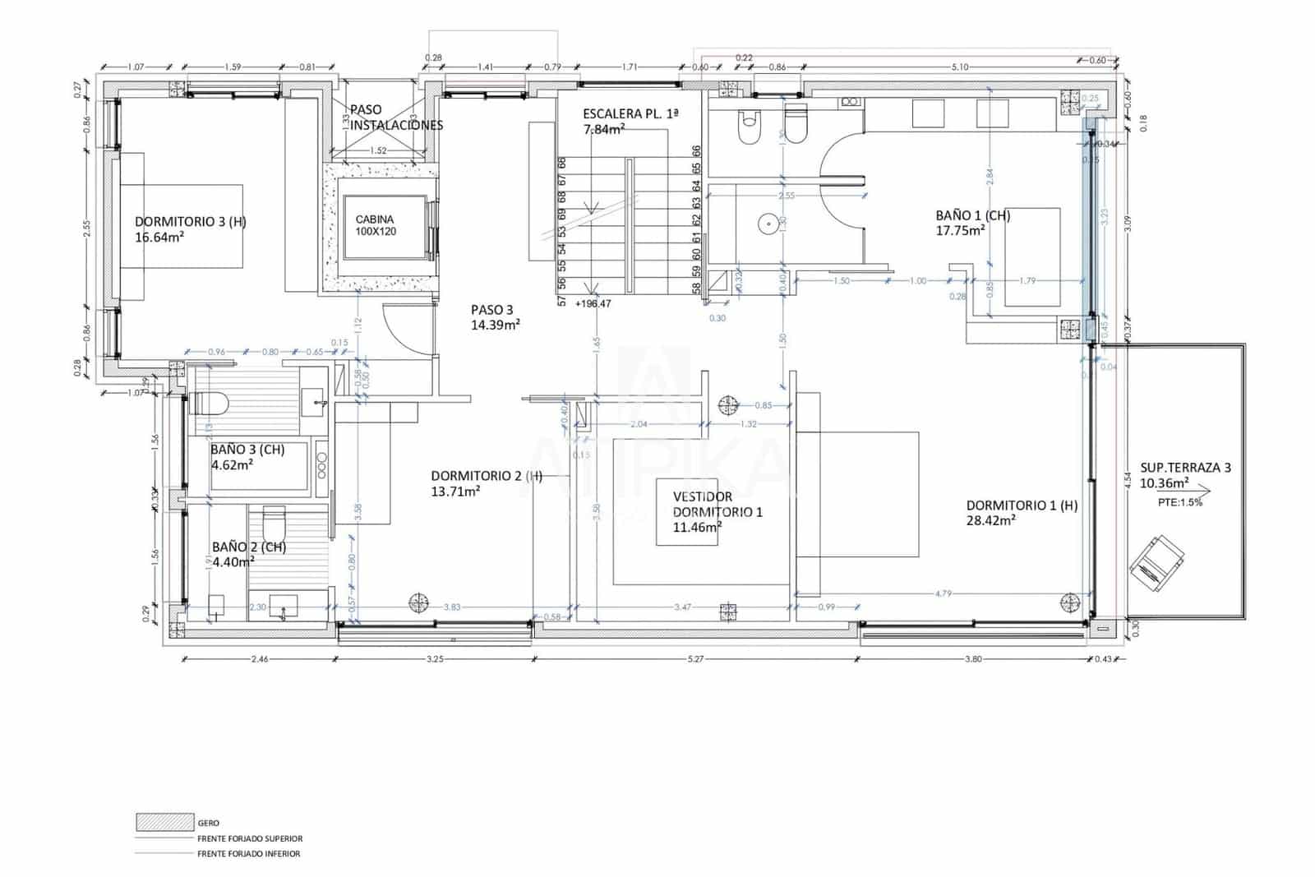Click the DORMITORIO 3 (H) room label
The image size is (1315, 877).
click(190, 221)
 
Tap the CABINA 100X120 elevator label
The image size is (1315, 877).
click(375, 225)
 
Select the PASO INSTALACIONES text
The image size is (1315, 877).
click(396, 118)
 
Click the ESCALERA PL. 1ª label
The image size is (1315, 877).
click(630, 113)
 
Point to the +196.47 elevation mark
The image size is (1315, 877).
click(593, 303)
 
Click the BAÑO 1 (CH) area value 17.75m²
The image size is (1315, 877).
click(960, 231)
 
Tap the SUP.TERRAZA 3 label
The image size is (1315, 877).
click(1185, 467)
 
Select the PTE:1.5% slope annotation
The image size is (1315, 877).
click(1179, 501)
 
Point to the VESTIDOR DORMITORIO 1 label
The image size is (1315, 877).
click(717, 504)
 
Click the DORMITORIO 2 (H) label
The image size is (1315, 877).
click(486, 475)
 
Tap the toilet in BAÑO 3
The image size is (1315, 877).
click(210, 403)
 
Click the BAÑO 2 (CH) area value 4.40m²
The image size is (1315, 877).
click(233, 562)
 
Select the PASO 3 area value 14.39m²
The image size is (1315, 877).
click(495, 325)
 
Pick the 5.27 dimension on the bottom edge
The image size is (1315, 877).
click(695, 658)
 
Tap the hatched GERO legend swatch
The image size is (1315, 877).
click(165, 821)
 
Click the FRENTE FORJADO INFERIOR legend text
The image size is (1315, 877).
click(248, 853)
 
